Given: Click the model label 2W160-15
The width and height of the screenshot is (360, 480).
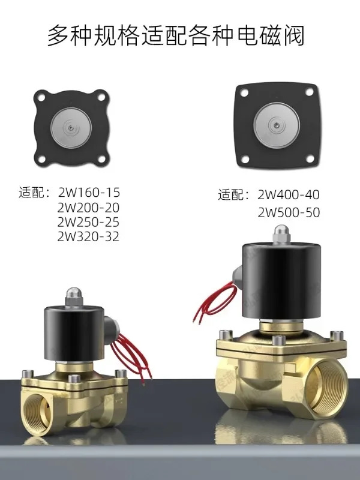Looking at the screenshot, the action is tap(89, 193).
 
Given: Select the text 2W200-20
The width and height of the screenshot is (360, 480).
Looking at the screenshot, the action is tap(88, 208).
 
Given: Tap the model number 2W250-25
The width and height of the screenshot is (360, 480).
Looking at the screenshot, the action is tap(88, 222).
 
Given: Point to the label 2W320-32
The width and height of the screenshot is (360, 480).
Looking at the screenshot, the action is tap(88, 236).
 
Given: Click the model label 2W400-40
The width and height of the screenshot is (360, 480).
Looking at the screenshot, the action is tap(289, 194).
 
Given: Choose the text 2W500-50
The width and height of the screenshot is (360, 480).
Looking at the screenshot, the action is tap(289, 212).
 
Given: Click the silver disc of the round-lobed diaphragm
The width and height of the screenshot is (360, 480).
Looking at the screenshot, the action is tap(71, 128).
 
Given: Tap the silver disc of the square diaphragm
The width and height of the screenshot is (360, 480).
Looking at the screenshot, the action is tap(277, 125).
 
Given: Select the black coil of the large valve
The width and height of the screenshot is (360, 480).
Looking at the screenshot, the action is tap(281, 281).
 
